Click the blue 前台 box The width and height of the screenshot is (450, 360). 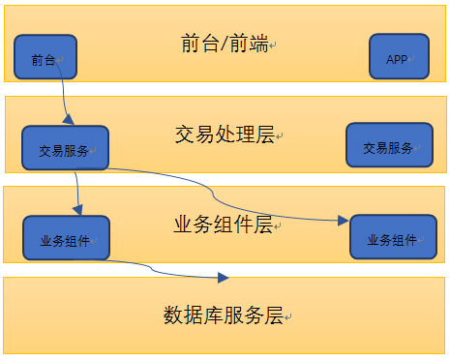(x=45, y=57)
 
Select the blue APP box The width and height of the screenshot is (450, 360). (x=398, y=57)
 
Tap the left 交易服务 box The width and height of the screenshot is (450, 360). (x=66, y=149)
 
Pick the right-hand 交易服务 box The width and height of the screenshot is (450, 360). (x=390, y=147)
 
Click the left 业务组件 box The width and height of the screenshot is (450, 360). (x=66, y=238)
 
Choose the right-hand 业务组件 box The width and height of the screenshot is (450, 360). (x=393, y=237)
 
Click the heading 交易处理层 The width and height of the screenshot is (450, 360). (x=223, y=134)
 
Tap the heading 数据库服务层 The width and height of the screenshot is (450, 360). (x=223, y=315)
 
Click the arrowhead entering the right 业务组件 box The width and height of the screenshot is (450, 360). (x=343, y=221)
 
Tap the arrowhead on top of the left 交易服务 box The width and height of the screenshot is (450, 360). (x=69, y=119)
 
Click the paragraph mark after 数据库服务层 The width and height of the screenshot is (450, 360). (x=286, y=317)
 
